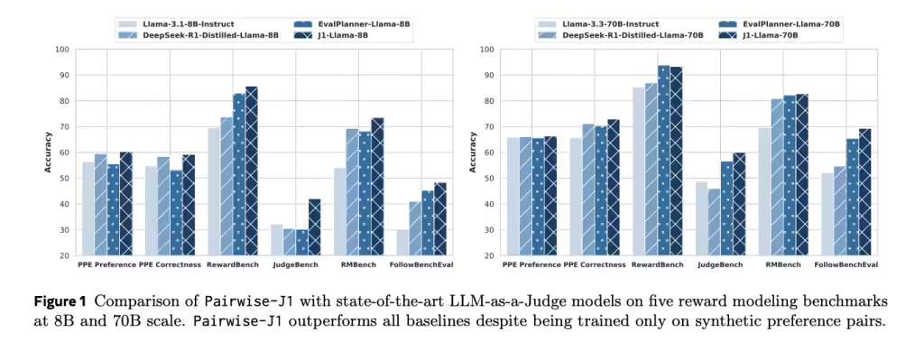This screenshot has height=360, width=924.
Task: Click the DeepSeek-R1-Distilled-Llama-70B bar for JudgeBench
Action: click(714, 222)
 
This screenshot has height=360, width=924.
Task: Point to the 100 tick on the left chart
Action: click(63, 50)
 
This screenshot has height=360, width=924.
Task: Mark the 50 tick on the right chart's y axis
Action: click(488, 179)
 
